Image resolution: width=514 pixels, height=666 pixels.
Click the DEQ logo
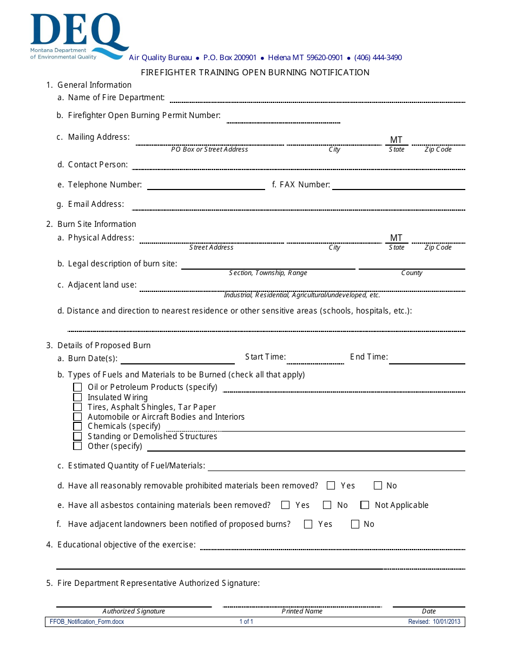tap(79, 36)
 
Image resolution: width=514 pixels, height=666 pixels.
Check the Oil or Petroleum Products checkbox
tap(77, 388)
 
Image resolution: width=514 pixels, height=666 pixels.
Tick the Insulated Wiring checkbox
tap(77, 397)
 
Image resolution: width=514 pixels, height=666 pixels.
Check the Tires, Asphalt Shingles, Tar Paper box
tap(77, 407)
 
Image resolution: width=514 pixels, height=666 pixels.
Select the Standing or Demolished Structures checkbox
tap(77, 436)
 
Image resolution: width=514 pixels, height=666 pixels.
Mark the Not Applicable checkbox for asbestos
tap(365, 505)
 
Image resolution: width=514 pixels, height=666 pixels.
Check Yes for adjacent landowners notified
tap(308, 524)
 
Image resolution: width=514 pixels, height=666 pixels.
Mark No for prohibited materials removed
tap(378, 486)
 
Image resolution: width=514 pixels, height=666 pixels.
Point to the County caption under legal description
tap(412, 273)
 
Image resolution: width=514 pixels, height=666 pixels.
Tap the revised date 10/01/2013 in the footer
tap(434, 622)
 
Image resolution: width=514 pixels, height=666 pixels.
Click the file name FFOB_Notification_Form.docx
tap(87, 622)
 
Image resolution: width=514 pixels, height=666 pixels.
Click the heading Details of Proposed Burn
tap(104, 345)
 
